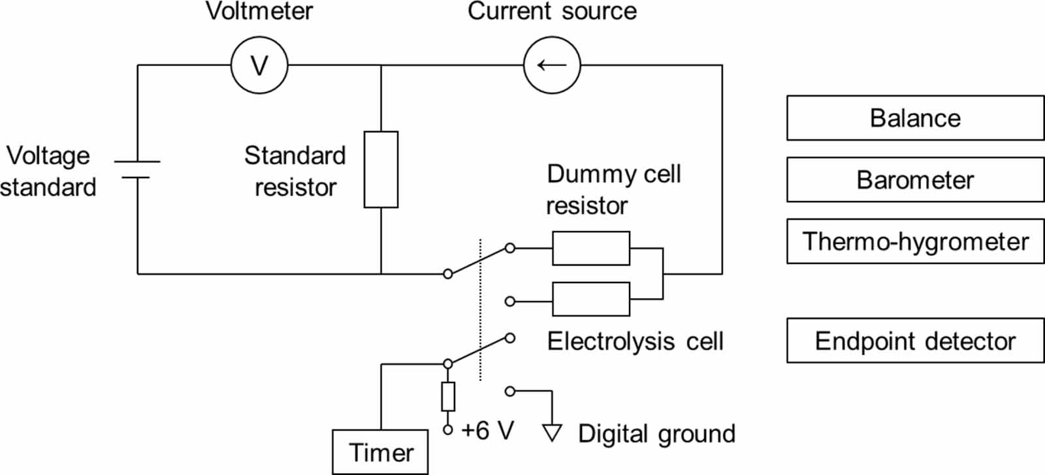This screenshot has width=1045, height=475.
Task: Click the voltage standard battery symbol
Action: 137,170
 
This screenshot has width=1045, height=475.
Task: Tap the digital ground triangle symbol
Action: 552,433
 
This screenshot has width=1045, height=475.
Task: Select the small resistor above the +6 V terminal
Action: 448,397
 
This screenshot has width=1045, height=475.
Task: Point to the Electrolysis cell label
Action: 635,341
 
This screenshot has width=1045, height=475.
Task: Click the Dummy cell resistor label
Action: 613,190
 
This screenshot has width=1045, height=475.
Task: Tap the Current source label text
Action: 552,11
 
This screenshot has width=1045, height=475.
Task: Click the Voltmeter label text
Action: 259,11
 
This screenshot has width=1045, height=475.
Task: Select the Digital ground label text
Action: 657,434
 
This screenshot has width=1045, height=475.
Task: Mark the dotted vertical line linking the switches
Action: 480,309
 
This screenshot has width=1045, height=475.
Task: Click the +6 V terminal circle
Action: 448,430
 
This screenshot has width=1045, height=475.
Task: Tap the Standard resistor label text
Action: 295,172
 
